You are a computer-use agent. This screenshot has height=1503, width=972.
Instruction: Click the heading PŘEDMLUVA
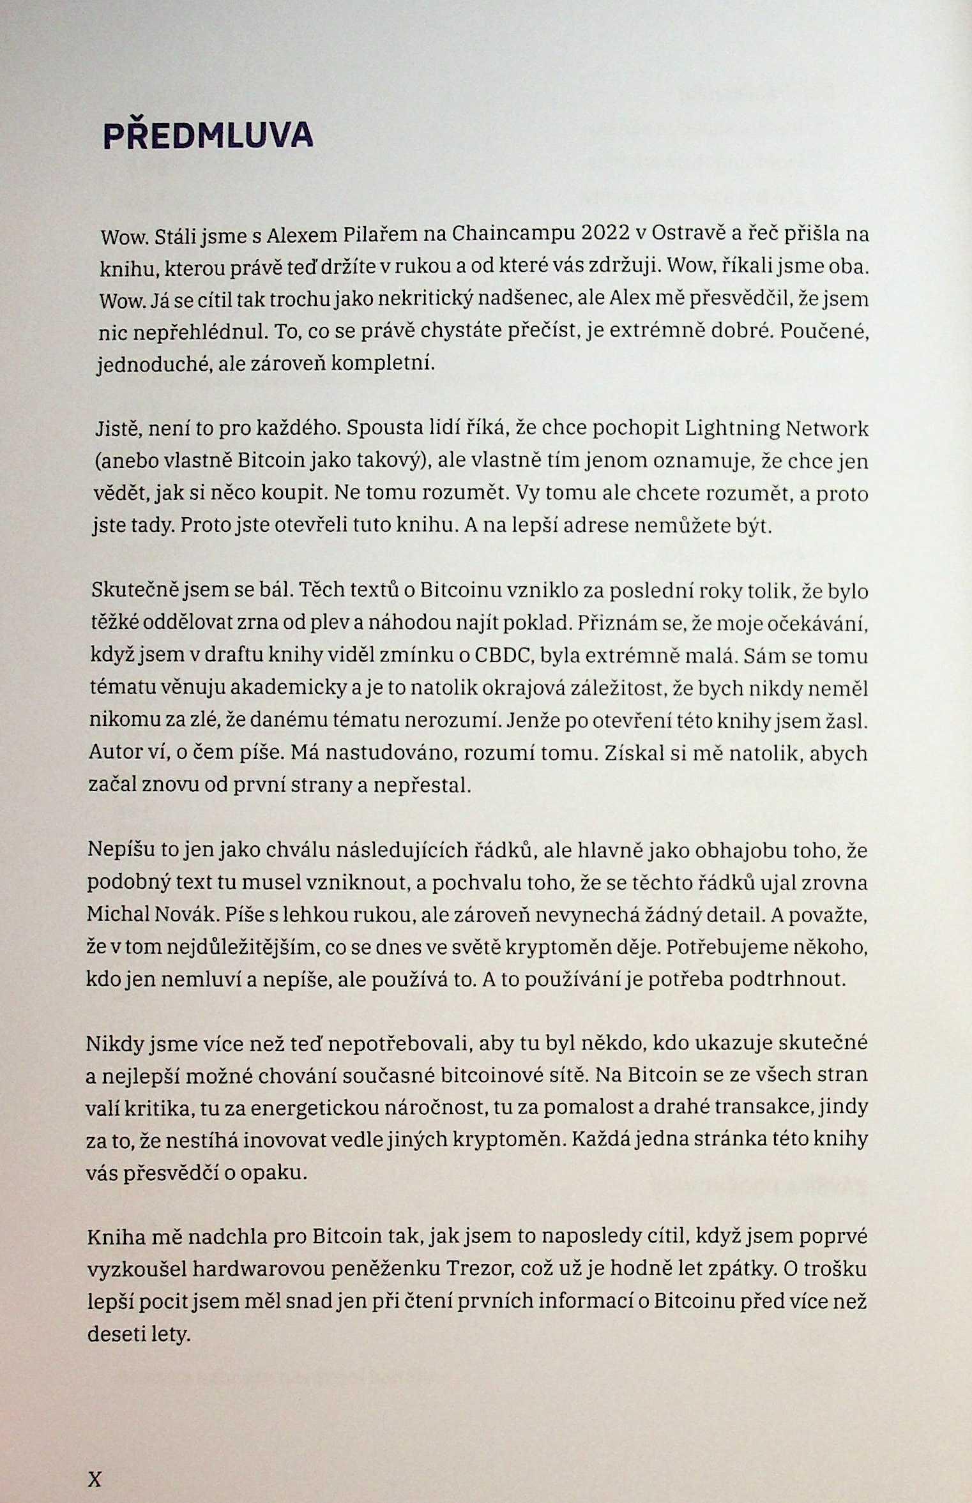pyautogui.click(x=208, y=135)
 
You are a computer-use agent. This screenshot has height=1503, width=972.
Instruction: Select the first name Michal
pyautogui.click(x=121, y=915)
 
